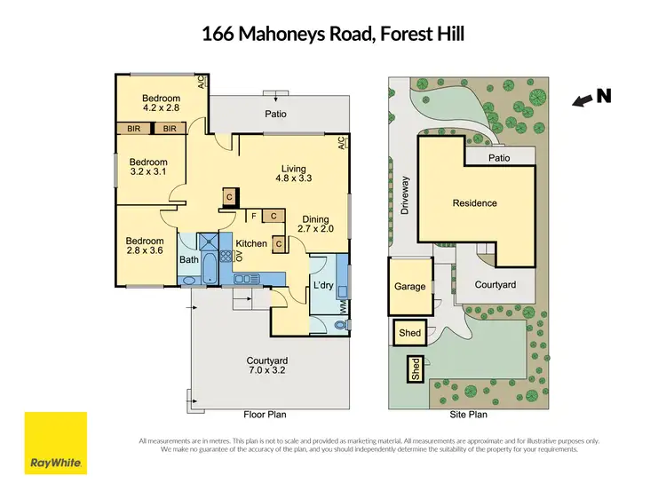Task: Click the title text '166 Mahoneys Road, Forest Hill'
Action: coord(333,36)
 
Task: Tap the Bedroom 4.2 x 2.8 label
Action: coord(161,103)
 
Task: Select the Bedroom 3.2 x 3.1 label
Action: coord(148,168)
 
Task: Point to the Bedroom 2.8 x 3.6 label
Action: coord(144,246)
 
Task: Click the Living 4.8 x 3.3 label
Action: coord(293,173)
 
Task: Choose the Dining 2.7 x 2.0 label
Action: coord(315,225)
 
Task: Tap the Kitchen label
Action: coord(250,243)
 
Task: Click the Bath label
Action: coord(189,260)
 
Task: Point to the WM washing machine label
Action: coord(342,306)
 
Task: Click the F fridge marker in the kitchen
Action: coord(254,216)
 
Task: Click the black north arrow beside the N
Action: coord(582,102)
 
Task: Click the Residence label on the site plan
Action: coord(475,203)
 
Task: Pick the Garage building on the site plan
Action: coord(410,287)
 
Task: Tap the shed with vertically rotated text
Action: coord(415,369)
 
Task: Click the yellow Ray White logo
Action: coord(56,443)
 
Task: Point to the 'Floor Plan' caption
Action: coord(266,415)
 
